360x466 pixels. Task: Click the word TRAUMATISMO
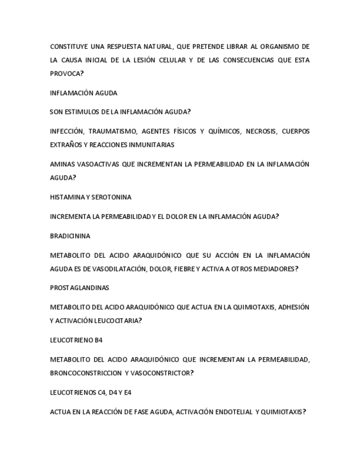(112, 131)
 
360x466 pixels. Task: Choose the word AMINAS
(60, 164)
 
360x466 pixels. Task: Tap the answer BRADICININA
(70, 236)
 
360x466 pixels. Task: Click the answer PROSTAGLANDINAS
(79, 288)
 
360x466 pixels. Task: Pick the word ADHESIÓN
(294, 307)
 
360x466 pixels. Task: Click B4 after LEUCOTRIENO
(98, 340)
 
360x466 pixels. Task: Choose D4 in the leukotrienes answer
(109, 393)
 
